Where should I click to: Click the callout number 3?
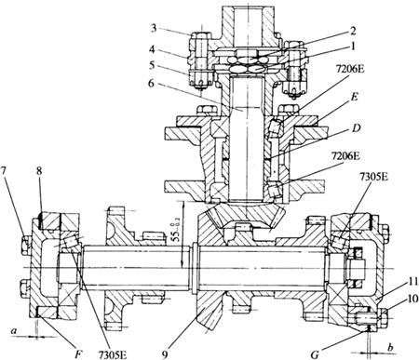[155, 28]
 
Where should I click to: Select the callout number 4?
[153, 49]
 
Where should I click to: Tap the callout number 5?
[152, 66]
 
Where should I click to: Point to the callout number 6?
[151, 83]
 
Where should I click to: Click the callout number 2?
[353, 31]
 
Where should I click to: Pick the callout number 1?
[352, 47]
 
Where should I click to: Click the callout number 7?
[4, 172]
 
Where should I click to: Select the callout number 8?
[39, 171]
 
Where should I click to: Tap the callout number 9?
[165, 354]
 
